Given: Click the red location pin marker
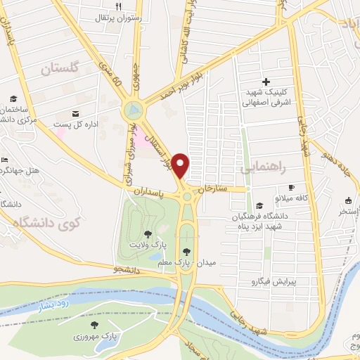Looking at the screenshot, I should tap(181, 165).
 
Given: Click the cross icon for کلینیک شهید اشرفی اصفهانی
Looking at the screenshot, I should tap(266, 83).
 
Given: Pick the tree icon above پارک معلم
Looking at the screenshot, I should tap(186, 252).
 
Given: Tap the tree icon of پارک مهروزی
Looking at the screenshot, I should tap(94, 325).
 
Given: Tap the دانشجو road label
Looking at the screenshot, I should tap(108, 269).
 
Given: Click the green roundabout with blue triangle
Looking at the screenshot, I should tap(132, 110).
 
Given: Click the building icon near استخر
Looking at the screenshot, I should tap(349, 200).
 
